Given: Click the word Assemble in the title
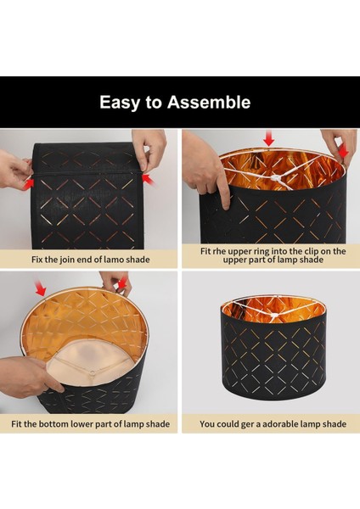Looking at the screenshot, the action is tap(209, 102).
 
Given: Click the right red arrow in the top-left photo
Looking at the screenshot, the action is tap(148, 179).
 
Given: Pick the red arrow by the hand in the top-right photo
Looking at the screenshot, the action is tap(342, 151).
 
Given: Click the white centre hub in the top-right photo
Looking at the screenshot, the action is tap(276, 177).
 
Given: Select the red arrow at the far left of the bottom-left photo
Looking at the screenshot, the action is tap(41, 288).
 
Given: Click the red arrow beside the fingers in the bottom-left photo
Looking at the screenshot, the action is tap(123, 283).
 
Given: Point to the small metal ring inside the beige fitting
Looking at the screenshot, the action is tap(93, 373).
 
